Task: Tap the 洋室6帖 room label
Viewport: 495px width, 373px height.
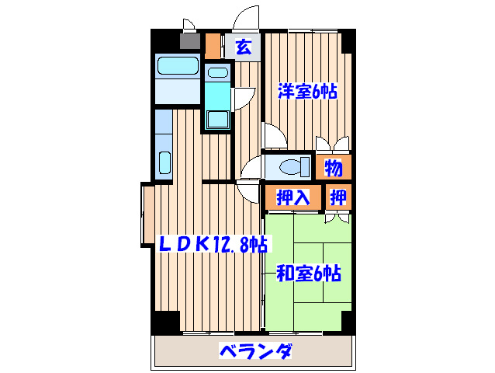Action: click(307, 92)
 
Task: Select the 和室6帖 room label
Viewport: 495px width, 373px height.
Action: click(309, 274)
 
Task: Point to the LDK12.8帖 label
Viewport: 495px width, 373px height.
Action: click(213, 244)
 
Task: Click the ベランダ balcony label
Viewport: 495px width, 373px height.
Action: click(255, 351)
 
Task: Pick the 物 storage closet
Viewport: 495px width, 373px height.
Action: click(334, 167)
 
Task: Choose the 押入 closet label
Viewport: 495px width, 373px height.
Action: click(293, 197)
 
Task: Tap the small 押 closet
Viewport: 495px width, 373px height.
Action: click(338, 197)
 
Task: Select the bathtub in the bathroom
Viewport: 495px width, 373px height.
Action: click(178, 66)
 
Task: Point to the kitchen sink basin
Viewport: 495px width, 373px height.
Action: click(164, 162)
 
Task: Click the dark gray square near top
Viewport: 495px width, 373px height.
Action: click(190, 40)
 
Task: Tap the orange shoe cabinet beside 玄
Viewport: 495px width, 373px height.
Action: click(213, 46)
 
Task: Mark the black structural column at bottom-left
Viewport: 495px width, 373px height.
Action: click(165, 322)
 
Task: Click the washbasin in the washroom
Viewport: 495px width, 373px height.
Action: click(218, 73)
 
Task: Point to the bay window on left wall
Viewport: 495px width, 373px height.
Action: click(147, 214)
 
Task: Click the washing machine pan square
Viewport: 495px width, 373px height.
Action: click(218, 120)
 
